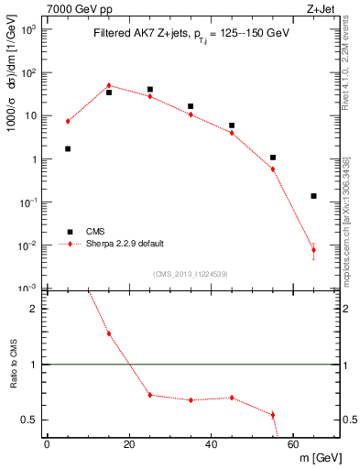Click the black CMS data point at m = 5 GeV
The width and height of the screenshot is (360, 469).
68,148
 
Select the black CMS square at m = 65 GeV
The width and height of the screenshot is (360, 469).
313,196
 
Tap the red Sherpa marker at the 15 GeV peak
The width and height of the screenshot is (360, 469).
109,85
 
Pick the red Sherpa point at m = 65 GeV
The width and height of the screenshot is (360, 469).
313,249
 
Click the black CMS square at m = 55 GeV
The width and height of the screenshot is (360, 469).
273,158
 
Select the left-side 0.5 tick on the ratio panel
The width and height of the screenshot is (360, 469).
29,420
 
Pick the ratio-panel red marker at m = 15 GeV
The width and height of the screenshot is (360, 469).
109,333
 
